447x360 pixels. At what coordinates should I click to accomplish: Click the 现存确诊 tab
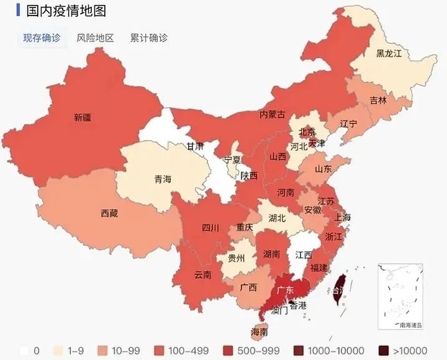click(42, 38)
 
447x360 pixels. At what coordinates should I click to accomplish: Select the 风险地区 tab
click(95, 38)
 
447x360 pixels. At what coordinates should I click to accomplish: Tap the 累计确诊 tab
click(148, 38)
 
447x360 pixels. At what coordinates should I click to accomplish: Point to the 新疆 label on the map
click(82, 117)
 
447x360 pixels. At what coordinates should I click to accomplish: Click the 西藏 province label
click(109, 214)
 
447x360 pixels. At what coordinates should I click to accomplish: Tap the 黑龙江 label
click(389, 53)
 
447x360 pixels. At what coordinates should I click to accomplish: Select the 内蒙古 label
click(272, 114)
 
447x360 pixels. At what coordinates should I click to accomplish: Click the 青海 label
click(162, 179)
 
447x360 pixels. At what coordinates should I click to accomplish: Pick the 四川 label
click(210, 228)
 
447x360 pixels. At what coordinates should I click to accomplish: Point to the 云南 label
click(202, 274)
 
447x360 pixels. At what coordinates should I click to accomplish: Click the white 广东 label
click(285, 290)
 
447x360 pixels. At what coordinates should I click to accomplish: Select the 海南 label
click(259, 332)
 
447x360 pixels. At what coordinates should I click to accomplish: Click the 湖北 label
click(277, 218)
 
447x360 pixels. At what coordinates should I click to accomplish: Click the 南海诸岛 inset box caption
click(410, 325)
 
